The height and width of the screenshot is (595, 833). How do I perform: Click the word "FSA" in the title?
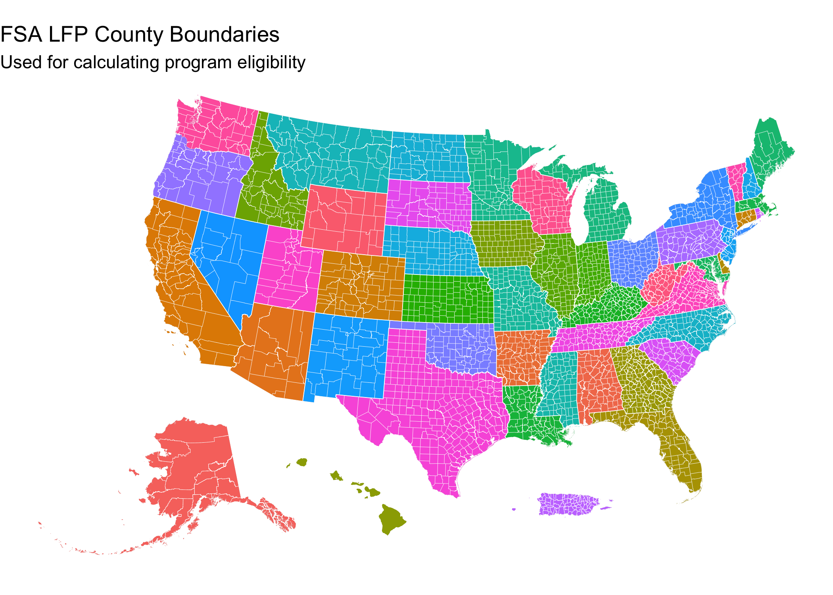(21, 35)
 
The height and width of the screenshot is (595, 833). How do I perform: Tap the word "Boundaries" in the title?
(225, 35)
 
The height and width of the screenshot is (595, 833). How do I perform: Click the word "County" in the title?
(129, 35)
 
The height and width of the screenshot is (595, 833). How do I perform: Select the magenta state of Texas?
(436, 405)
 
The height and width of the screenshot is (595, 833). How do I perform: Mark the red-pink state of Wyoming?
(345, 220)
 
